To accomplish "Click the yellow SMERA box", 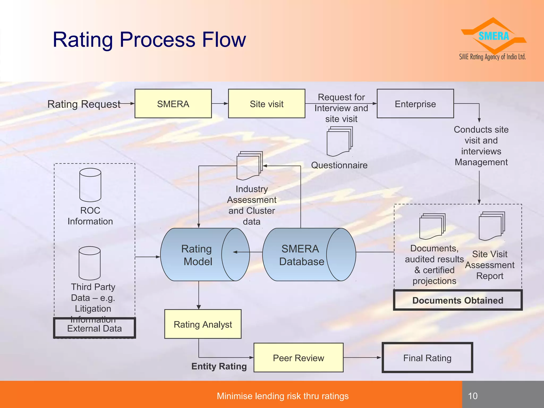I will coord(173,104).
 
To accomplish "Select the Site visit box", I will coord(266,104).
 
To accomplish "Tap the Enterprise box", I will coord(415,104).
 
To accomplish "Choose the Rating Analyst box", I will coord(203,324).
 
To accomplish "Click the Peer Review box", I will coord(298,358).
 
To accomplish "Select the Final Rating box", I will coord(427,358).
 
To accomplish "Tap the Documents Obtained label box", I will coord(458,300).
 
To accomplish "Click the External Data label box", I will coord(94,329).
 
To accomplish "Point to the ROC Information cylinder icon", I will coord(90,185).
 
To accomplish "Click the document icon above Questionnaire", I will coord(339,141).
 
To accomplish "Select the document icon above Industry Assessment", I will coord(249,165).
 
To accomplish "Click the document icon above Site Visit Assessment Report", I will coord(491,226).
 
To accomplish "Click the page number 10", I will coord(473,396).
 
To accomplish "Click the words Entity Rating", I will coord(219,366).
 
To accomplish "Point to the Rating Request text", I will coord(84,104).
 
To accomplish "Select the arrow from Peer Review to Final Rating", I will coord(362,358).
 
